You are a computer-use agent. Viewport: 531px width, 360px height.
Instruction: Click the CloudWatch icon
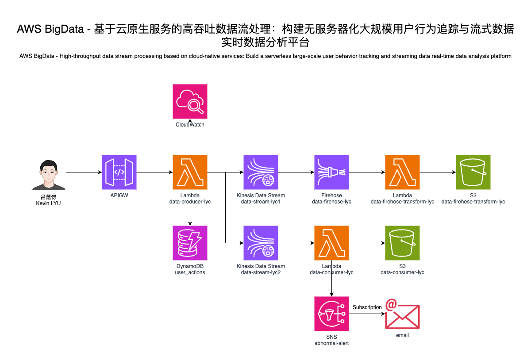[x=190, y=101]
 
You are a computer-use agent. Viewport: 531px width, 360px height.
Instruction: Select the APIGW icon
[x=119, y=172]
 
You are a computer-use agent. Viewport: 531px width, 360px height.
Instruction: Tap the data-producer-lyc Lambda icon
[x=190, y=172]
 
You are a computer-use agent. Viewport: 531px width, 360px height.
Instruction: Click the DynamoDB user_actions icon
[x=190, y=243]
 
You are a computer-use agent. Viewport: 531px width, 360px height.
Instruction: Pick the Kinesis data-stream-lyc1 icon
[x=261, y=172]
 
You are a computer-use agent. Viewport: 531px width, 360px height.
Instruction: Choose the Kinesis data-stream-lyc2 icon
[x=261, y=243]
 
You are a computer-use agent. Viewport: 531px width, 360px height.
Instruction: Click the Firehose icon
[x=331, y=172]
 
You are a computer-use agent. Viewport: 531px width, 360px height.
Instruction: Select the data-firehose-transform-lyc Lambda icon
[x=402, y=172]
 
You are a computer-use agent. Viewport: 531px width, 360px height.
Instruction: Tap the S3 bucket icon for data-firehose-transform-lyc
[x=473, y=172]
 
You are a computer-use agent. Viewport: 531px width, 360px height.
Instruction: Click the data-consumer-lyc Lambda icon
[x=331, y=243]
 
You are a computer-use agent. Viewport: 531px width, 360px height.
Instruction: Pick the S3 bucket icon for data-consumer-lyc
[x=402, y=243]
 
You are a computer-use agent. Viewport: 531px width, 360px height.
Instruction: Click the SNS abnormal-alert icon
[x=331, y=314]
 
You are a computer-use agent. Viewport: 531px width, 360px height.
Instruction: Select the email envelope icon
[x=402, y=315]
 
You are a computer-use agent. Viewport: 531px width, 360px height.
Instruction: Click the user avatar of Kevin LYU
[x=48, y=175]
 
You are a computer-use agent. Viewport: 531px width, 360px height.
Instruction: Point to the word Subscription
[x=367, y=307]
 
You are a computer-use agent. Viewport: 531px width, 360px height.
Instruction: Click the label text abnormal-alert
[x=331, y=343]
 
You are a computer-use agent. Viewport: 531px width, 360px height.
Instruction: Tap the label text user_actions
[x=190, y=272]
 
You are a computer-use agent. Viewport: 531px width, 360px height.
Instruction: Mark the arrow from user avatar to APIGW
[x=84, y=172]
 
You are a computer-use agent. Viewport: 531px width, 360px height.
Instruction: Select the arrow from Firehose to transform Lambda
[x=367, y=172]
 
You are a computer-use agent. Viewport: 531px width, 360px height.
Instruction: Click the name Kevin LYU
[x=48, y=203]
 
